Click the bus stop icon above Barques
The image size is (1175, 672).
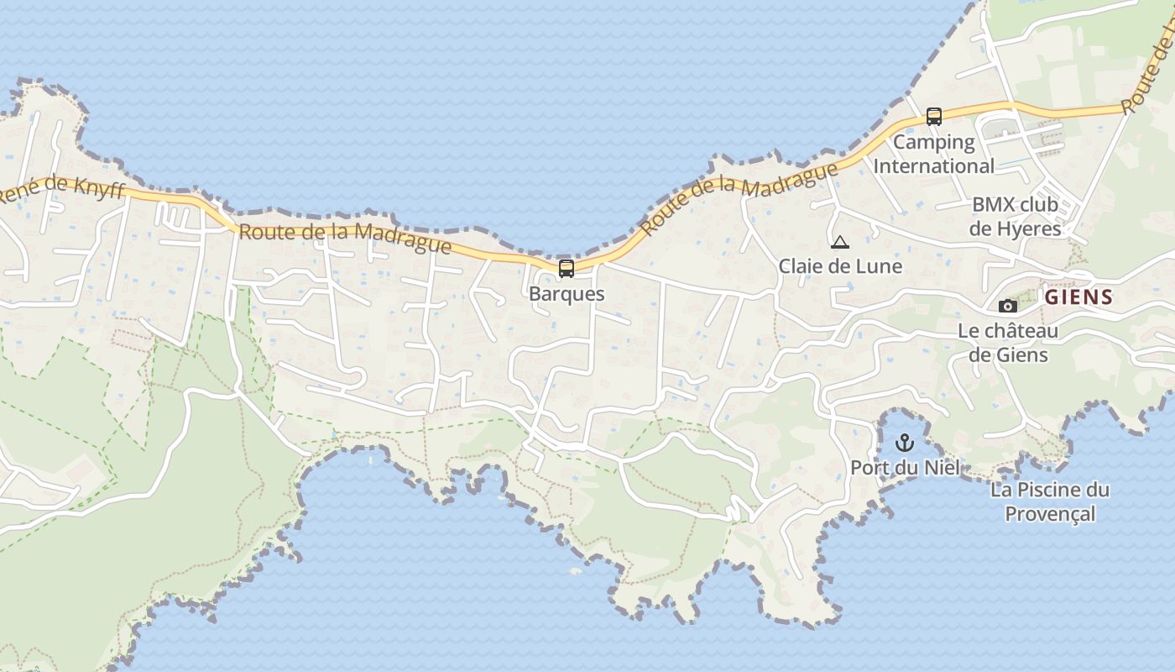click(x=567, y=269)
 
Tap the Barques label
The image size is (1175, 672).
click(x=567, y=294)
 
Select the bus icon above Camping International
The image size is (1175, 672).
click(x=934, y=117)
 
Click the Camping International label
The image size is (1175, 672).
click(x=933, y=154)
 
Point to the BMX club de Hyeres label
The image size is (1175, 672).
click(x=1016, y=216)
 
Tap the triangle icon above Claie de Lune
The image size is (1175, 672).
click(x=839, y=243)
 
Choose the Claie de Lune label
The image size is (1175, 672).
click(x=840, y=266)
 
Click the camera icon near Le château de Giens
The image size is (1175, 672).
click(x=1008, y=306)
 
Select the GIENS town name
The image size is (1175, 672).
click(x=1079, y=297)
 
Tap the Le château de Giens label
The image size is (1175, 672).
click(x=1008, y=343)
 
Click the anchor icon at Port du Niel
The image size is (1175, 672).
click(x=905, y=442)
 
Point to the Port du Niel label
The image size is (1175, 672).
click(x=905, y=467)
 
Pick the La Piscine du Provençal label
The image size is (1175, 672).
click(x=1050, y=501)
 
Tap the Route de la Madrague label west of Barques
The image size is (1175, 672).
click(x=345, y=237)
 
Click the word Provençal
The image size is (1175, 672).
click(x=1050, y=513)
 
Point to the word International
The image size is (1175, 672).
click(x=933, y=165)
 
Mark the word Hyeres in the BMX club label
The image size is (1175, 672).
click(x=1028, y=228)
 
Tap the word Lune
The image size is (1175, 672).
click(x=880, y=266)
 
